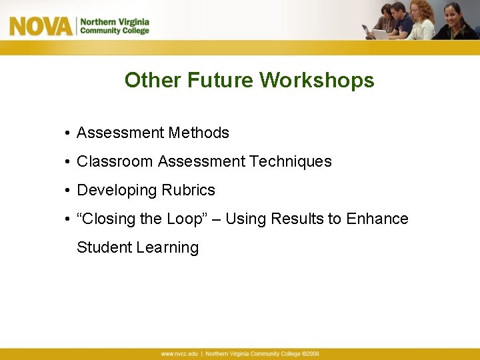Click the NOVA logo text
[40, 26]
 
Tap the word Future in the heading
[220, 81]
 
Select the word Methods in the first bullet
[199, 133]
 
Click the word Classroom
[115, 161]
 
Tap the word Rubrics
[190, 190]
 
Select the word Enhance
[377, 219]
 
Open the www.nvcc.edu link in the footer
[179, 354]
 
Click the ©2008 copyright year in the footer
[311, 354]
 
